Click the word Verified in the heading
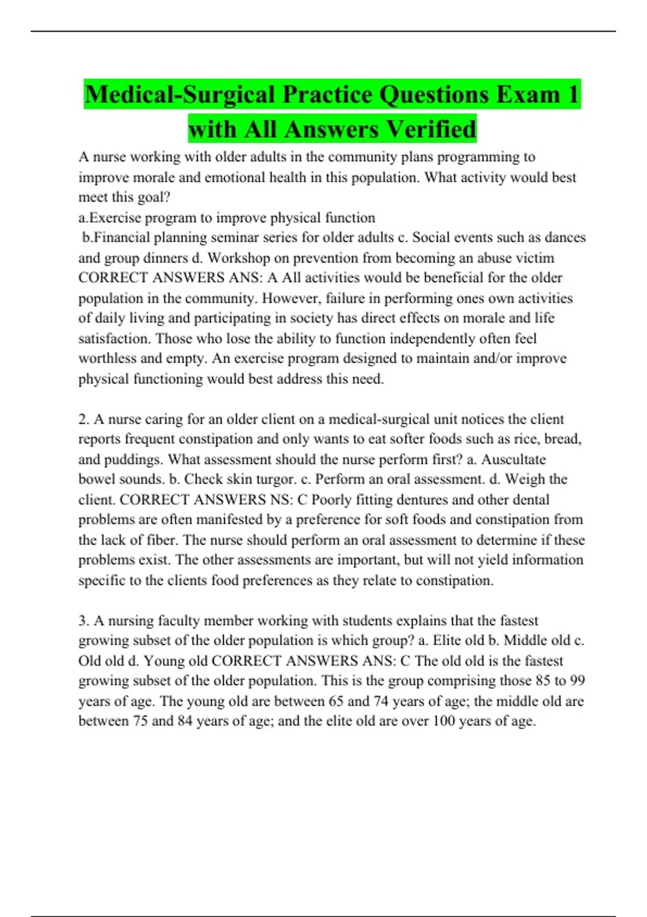pyautogui.click(x=431, y=129)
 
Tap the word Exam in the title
pyautogui.click(x=528, y=94)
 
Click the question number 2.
pyautogui.click(x=83, y=419)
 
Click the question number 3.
pyautogui.click(x=83, y=621)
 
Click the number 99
pyautogui.click(x=577, y=681)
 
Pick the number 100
pyautogui.click(x=444, y=721)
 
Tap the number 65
pyautogui.click(x=335, y=701)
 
